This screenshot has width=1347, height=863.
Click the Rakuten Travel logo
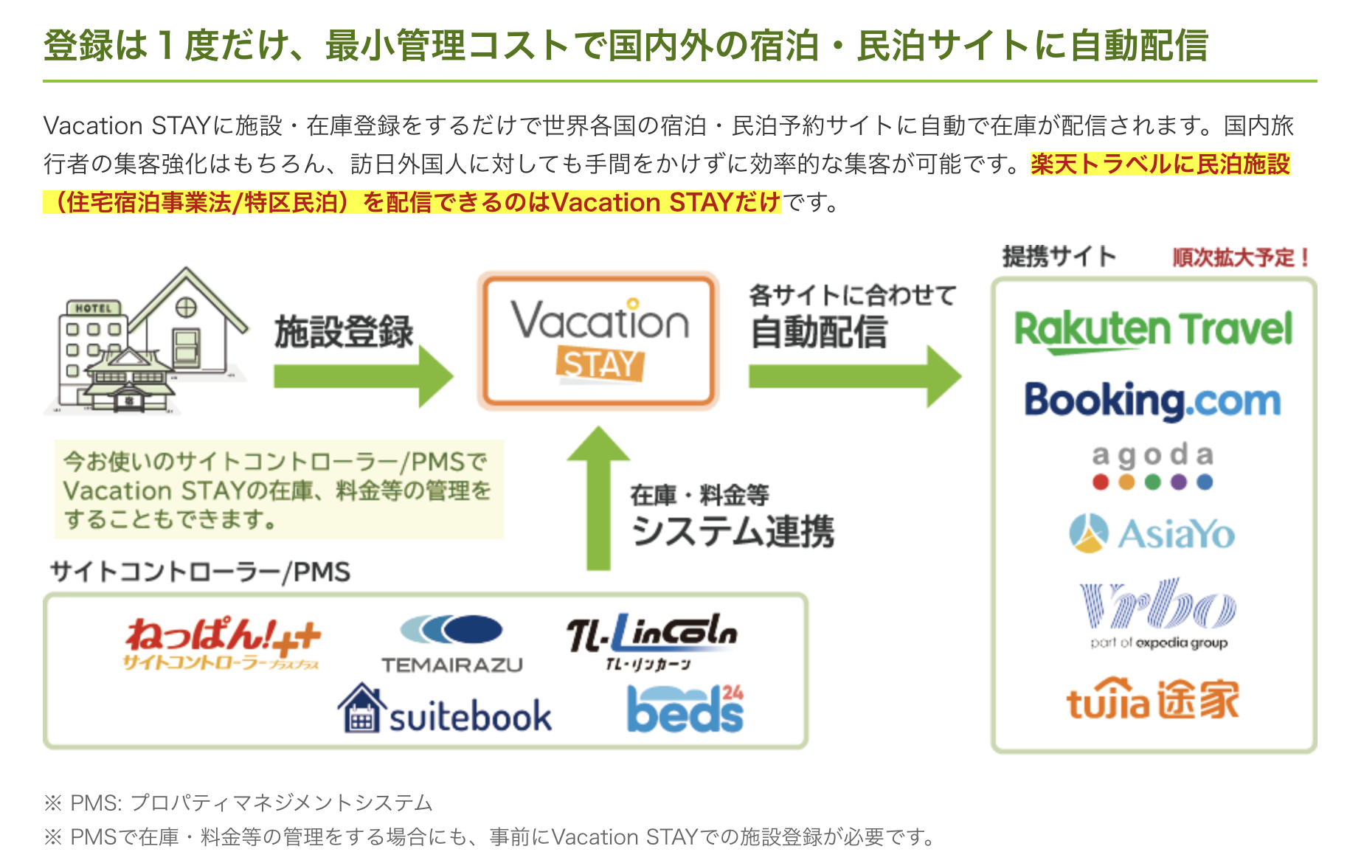coord(1154,330)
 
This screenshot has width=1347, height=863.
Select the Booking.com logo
coord(1152,401)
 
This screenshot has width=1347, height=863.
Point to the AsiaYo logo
coord(1152,533)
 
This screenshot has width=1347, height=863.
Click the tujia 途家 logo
coord(1153,699)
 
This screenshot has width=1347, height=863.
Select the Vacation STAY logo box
coord(598,340)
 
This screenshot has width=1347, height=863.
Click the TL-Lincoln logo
coord(651,641)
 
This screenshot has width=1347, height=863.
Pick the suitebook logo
coord(445,709)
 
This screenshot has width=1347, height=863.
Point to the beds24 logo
coord(685,708)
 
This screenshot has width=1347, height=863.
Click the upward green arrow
coord(598,499)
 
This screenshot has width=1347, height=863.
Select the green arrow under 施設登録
coord(364,376)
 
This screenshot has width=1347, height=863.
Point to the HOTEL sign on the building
coord(94,308)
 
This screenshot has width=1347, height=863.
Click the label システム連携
coord(733,531)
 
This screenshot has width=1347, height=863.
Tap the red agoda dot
coord(1101,482)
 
